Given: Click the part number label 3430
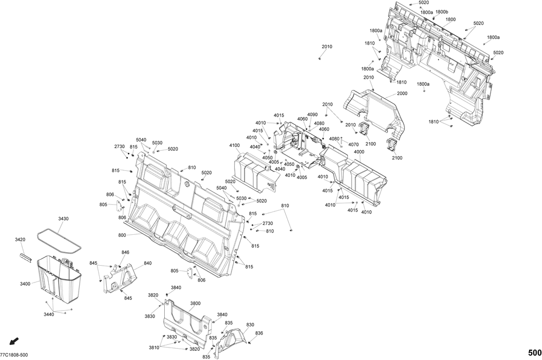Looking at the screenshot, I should coord(63,218).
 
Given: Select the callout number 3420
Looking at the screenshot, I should coord(20,239).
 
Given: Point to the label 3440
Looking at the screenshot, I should coord(49,314).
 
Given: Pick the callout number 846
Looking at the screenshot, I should coord(125,252).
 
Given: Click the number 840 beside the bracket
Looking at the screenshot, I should coord(147,263).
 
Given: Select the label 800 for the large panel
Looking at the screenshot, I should coord(121,235).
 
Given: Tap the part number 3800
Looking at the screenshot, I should coord(195,304).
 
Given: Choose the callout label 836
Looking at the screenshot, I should coord(259,333).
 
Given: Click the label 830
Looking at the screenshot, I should coord(250,325).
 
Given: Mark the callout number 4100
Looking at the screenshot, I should coord(234,145).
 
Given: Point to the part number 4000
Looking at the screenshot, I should coord(359,152).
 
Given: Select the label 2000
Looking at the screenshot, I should coord(402,94).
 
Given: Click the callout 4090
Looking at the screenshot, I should coord(312,114).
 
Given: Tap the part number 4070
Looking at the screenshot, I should coord(353,145).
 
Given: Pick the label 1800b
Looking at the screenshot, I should coord(442,11).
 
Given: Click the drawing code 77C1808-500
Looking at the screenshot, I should coord(14,355).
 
